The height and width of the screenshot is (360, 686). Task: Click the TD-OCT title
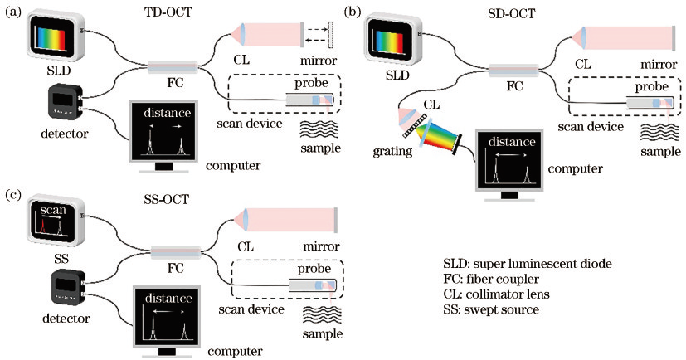tap(168, 12)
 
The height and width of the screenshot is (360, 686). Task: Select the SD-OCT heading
tap(512, 14)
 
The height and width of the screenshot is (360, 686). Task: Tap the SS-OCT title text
tap(166, 199)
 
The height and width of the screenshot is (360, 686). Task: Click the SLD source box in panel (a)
tap(56, 37)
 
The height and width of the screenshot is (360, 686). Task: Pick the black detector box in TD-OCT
tap(66, 101)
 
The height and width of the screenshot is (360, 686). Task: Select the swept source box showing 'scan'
tap(56, 222)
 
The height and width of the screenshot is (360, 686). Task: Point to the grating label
tap(392, 151)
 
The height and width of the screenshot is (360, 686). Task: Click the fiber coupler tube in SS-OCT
tap(176, 252)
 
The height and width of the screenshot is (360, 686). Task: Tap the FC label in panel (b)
tap(514, 85)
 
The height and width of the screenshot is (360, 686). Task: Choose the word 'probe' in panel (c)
tap(314, 268)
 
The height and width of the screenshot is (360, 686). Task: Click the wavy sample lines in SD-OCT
tap(659, 134)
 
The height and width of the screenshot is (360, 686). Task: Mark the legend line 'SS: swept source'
tap(491, 309)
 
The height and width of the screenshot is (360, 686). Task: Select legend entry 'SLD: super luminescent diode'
tap(528, 264)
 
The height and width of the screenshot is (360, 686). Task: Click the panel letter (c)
tap(12, 194)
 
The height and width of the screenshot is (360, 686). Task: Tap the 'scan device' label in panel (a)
tap(250, 124)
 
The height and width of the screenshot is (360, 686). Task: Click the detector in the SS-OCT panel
tap(67, 287)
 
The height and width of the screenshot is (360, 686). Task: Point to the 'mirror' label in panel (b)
tap(659, 65)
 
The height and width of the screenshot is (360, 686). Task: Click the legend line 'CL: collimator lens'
tap(496, 294)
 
